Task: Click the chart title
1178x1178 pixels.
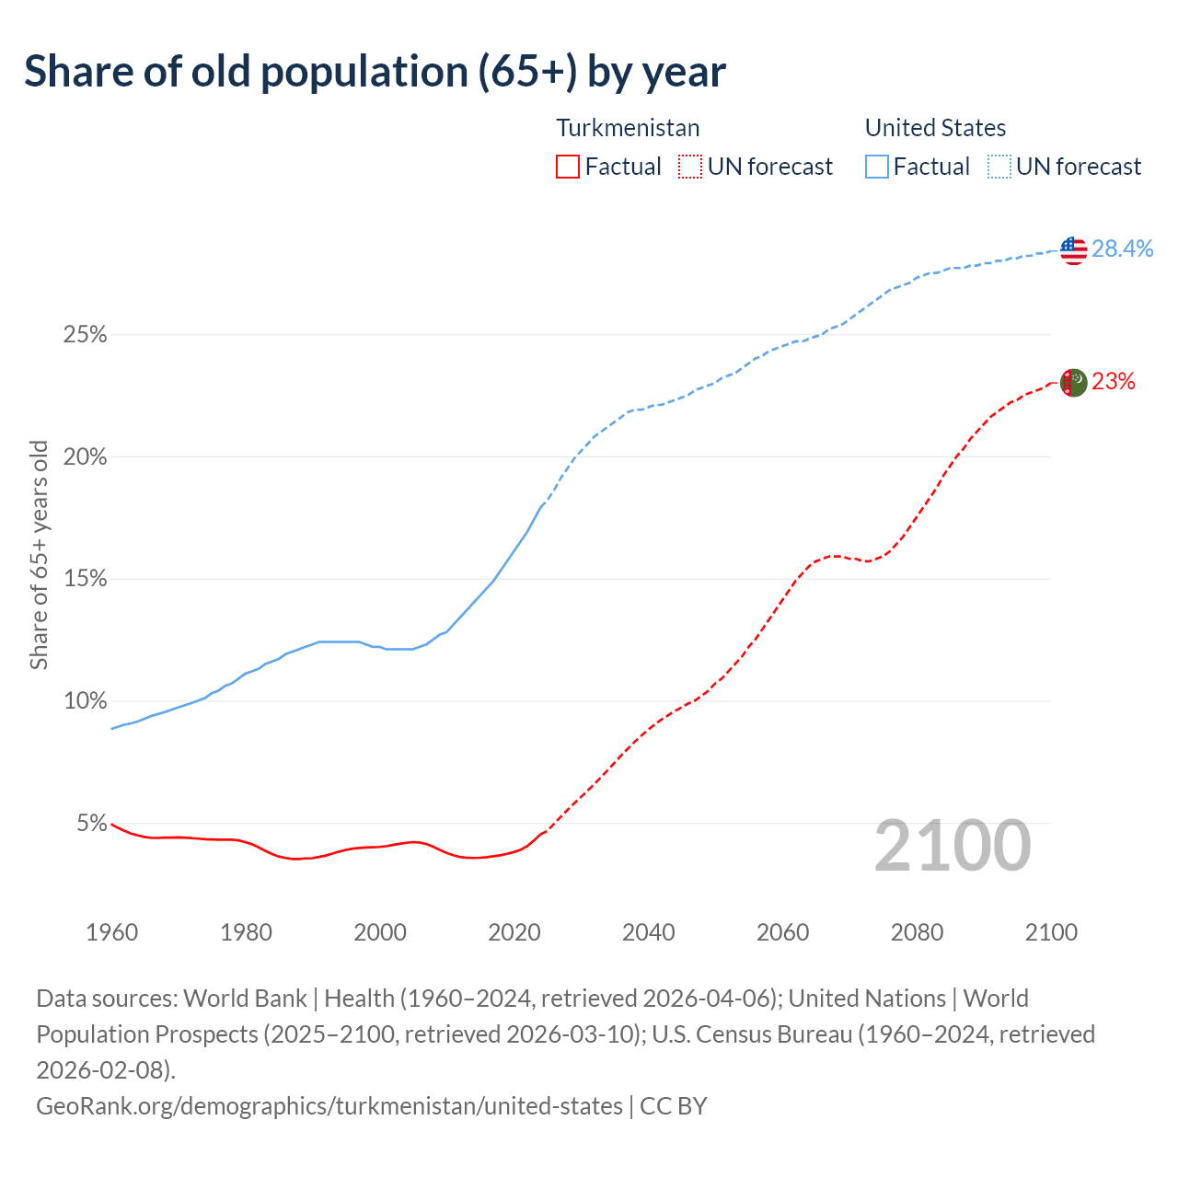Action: [x=375, y=72]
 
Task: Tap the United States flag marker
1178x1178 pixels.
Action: [x=1073, y=249]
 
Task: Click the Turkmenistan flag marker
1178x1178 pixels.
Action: [x=1073, y=383]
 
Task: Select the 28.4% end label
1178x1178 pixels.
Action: [x=1122, y=248]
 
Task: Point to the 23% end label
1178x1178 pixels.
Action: [x=1114, y=382]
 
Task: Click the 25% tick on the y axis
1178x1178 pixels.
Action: [x=86, y=335]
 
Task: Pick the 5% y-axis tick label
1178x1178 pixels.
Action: [x=91, y=824]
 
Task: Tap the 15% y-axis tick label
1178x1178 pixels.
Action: [x=86, y=579]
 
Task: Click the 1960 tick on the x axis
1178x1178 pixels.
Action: [x=112, y=932]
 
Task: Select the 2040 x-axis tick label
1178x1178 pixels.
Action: [x=649, y=932]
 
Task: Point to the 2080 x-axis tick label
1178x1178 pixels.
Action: [x=918, y=932]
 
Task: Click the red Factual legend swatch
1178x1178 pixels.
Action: [x=568, y=167]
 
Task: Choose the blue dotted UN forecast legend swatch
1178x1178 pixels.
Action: [x=999, y=167]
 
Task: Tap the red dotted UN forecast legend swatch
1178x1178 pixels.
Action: [x=690, y=167]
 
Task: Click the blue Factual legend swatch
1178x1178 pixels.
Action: [x=877, y=167]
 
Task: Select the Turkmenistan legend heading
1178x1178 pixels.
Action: [x=628, y=128]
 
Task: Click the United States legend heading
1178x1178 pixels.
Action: [x=935, y=128]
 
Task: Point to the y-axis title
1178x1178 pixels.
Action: [x=39, y=555]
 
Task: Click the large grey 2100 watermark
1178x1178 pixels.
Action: [x=952, y=846]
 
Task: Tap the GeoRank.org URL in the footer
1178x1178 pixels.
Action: [x=329, y=1105]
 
